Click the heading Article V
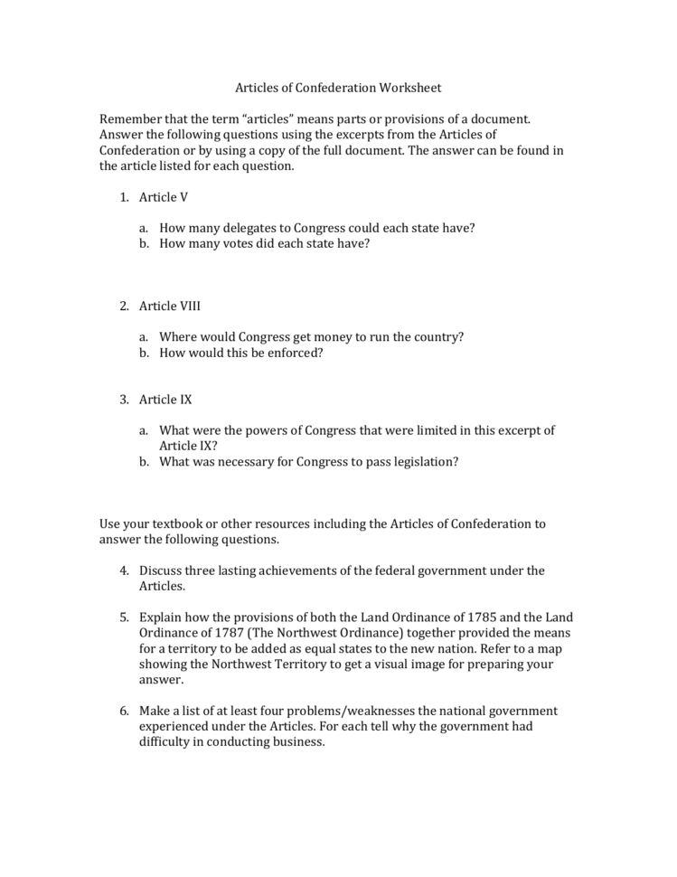tap(164, 197)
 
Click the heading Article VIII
tap(169, 306)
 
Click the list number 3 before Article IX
tap(124, 399)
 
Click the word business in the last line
tap(297, 742)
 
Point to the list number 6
tap(124, 711)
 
